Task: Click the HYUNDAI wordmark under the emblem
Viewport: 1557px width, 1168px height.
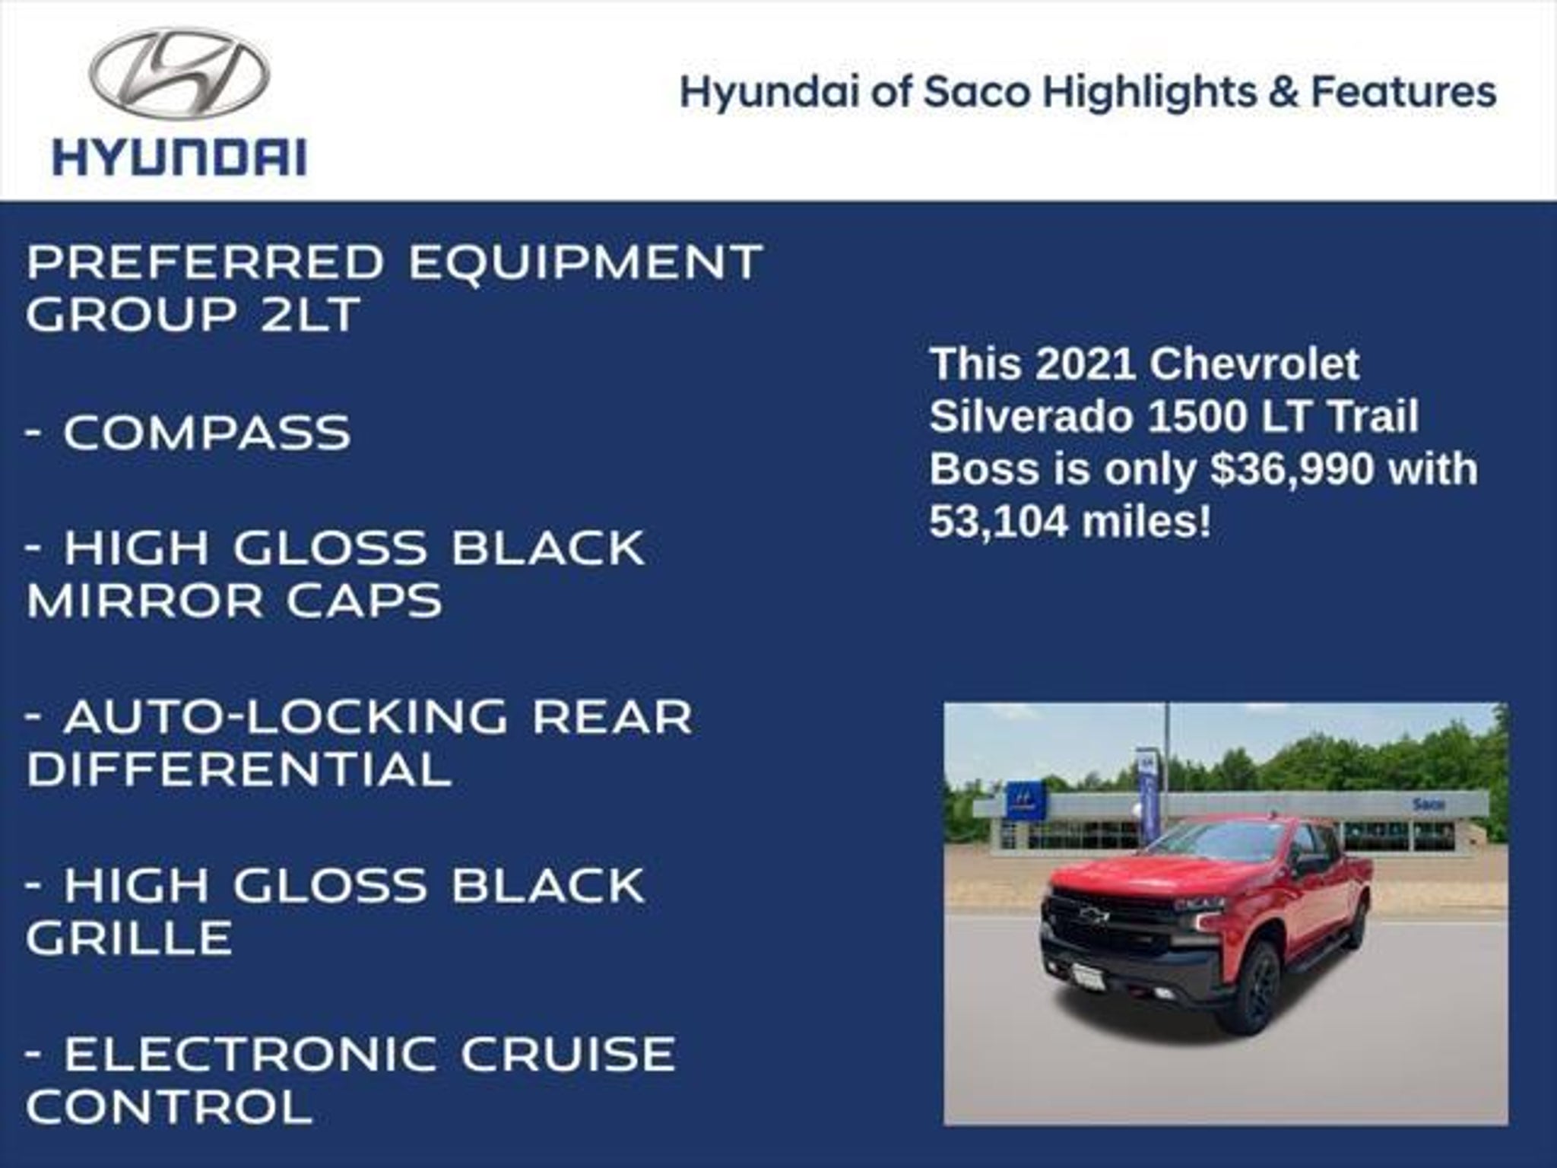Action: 179,157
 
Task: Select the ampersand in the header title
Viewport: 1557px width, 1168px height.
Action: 1283,92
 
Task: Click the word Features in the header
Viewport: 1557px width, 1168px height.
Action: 1403,92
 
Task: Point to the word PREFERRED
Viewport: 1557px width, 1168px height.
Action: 206,262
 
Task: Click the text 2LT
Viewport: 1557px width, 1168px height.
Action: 309,314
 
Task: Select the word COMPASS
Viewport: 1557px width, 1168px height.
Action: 207,432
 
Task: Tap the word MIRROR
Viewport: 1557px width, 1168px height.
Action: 144,601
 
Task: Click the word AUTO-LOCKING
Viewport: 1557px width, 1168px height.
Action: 285,716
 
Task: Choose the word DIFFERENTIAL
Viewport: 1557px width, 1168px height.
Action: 239,769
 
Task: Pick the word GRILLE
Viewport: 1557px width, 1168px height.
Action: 128,937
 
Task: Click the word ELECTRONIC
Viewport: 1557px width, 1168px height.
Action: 250,1053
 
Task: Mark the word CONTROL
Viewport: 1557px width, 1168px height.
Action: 169,1106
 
